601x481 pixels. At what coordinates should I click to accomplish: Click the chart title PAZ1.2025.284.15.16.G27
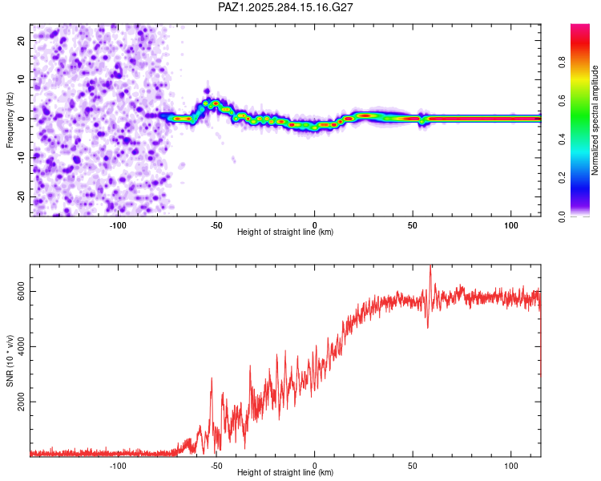(286, 7)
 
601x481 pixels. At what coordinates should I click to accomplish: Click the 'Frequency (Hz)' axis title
(10, 119)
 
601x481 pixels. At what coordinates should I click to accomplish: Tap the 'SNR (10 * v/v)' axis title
(10, 360)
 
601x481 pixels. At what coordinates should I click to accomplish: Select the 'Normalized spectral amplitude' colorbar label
(595, 120)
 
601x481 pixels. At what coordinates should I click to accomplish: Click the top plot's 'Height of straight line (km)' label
(285, 232)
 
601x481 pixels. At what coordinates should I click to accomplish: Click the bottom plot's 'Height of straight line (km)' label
(285, 473)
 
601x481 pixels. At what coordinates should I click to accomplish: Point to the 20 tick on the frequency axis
(22, 40)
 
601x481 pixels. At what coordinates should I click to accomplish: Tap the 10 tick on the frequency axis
(22, 79)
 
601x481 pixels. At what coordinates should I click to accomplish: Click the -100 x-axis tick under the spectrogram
(119, 224)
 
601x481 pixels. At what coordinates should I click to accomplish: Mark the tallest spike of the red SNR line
(430, 268)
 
